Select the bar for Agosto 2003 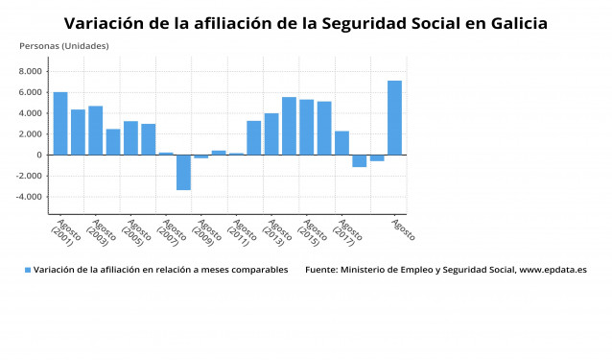click(95, 130)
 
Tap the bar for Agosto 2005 click(130, 137)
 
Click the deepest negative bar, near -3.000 click(183, 172)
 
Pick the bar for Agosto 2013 click(271, 133)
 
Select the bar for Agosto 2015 click(306, 127)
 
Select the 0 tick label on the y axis click(38, 155)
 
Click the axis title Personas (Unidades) click(64, 46)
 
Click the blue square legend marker click(28, 271)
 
